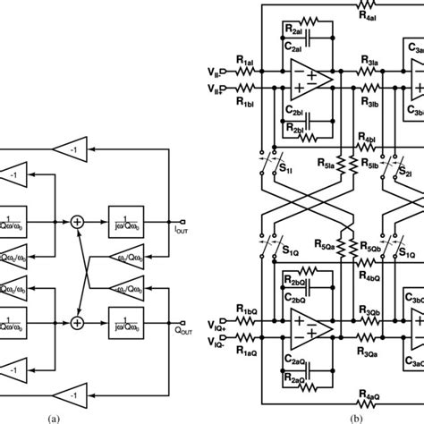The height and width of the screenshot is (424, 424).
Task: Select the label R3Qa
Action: pos(369,351)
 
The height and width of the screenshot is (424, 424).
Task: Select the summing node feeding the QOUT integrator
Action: pos(78,321)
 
